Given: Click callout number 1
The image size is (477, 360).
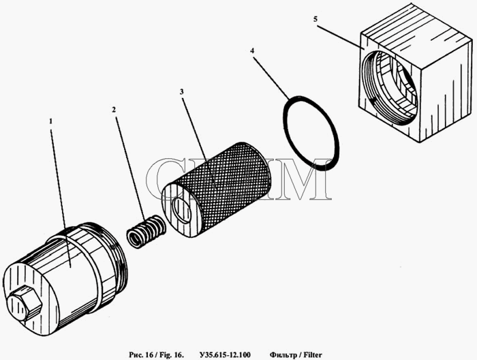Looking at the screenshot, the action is (51, 121).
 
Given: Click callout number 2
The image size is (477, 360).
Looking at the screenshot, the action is (114, 110).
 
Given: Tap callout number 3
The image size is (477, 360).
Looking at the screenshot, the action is (182, 92).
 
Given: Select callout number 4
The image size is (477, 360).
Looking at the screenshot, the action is (252, 50).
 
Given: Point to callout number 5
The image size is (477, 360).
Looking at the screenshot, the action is (316, 19).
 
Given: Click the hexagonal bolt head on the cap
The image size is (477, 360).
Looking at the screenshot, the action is (25, 303).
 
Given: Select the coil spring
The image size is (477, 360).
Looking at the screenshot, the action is (146, 231).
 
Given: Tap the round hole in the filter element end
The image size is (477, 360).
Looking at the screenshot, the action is (181, 210).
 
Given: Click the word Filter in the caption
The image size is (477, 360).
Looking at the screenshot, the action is (313, 355).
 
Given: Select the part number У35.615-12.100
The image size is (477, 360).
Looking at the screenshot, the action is (225, 355).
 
